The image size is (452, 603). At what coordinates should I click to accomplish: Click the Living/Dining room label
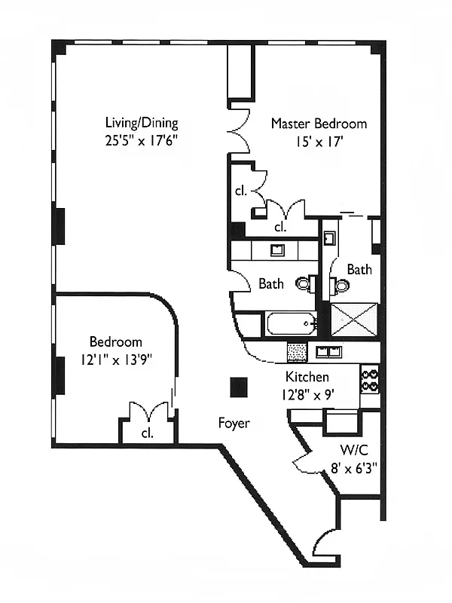pyautogui.click(x=142, y=123)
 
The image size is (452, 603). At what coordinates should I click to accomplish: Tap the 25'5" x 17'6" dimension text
pyautogui.click(x=141, y=140)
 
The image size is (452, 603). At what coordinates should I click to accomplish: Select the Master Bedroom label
pyautogui.click(x=319, y=124)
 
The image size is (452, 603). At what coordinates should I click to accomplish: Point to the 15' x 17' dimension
pyautogui.click(x=319, y=142)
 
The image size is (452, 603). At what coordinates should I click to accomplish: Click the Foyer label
pyautogui.click(x=234, y=423)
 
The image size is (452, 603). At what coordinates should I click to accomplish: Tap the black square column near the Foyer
pyautogui.click(x=239, y=387)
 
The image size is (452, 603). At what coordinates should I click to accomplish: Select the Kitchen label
pyautogui.click(x=307, y=377)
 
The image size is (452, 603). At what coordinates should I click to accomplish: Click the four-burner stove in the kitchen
pyautogui.click(x=369, y=379)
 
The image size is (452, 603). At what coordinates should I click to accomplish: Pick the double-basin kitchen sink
pyautogui.click(x=328, y=351)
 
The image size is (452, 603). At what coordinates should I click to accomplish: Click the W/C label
pyautogui.click(x=354, y=450)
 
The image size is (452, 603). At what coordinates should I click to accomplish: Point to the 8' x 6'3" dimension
pyautogui.click(x=354, y=468)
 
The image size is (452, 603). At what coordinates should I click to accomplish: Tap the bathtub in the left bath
pyautogui.click(x=292, y=324)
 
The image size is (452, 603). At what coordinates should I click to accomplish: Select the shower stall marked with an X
pyautogui.click(x=354, y=320)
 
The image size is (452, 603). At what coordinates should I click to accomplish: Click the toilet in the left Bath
pyautogui.click(x=306, y=284)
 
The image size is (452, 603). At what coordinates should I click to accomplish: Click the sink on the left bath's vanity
pyautogui.click(x=277, y=250)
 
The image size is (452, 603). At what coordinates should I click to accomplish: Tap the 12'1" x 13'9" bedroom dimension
pyautogui.click(x=117, y=360)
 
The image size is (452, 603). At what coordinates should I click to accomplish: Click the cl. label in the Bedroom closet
pyautogui.click(x=148, y=433)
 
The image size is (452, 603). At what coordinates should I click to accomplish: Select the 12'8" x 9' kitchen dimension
pyautogui.click(x=307, y=394)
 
